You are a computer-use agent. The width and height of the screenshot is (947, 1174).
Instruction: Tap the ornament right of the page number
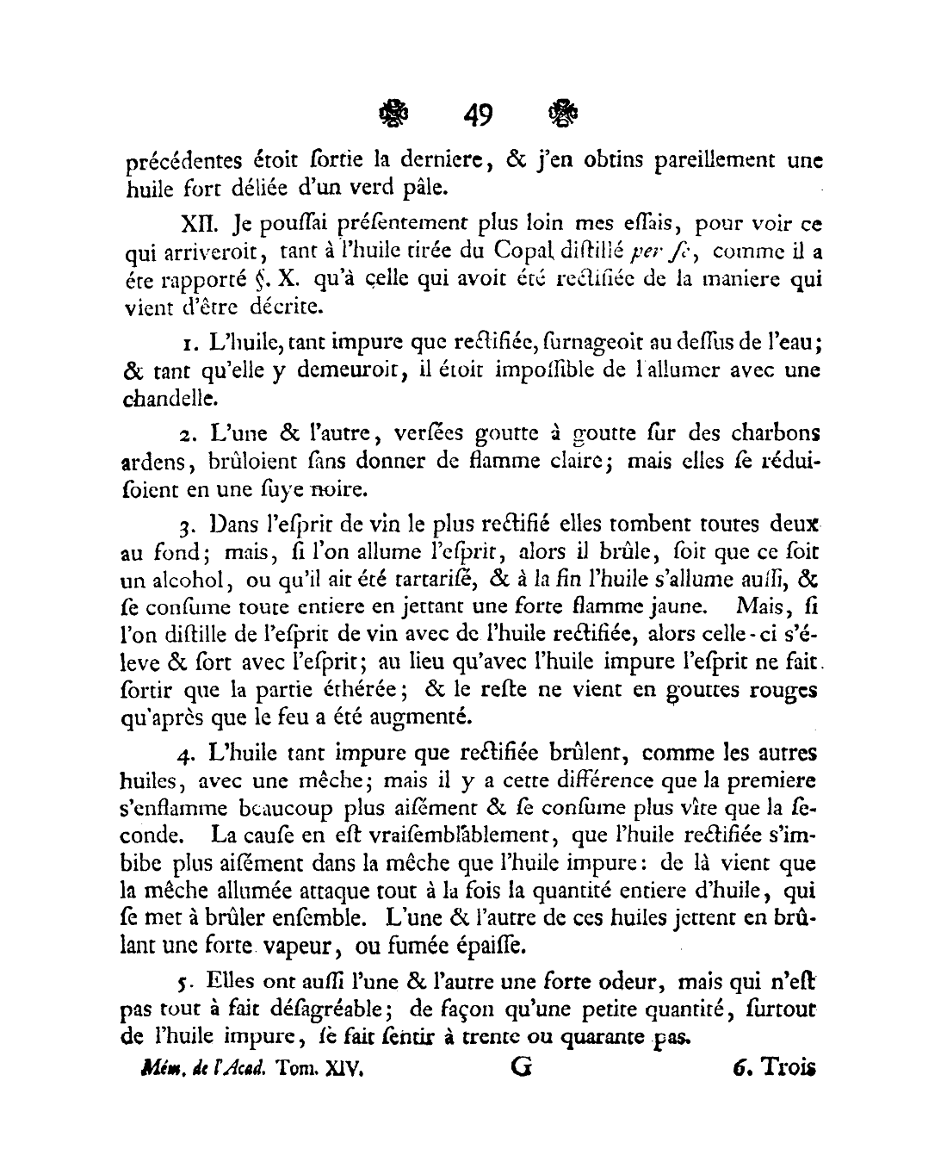click(562, 113)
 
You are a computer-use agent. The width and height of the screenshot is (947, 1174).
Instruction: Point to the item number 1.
click(190, 344)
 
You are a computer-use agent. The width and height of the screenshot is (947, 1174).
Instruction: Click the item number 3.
click(191, 525)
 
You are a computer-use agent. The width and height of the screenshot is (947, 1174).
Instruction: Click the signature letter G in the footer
click(521, 1068)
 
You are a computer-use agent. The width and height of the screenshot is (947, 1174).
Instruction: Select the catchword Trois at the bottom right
click(785, 1068)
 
